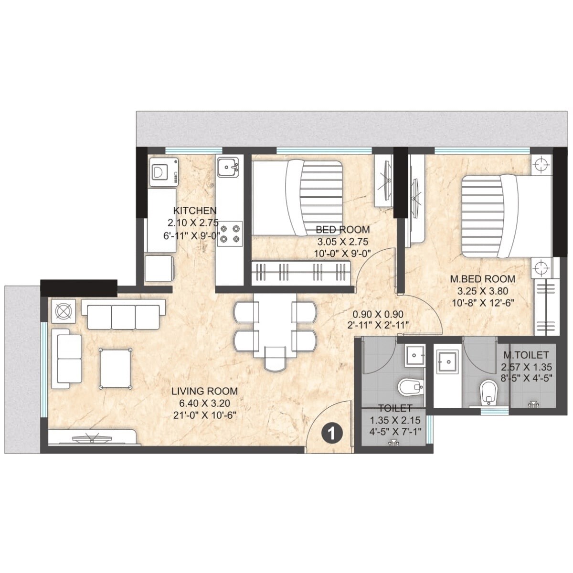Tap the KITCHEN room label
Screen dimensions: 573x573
coord(194,211)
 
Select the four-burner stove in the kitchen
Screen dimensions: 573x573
coord(229,234)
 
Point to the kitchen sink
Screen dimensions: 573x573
coord(228,167)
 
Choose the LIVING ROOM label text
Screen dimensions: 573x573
coord(204,391)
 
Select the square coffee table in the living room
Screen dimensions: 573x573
coord(115,367)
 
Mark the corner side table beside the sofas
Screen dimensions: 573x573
coord(63,312)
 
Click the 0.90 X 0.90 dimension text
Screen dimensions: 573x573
coord(378,314)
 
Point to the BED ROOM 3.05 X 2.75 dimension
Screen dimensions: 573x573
coord(342,242)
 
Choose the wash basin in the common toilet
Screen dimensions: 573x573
coord(414,356)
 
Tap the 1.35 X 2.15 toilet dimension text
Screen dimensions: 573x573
coord(395,421)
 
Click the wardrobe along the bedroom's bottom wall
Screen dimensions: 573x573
coord(301,273)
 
